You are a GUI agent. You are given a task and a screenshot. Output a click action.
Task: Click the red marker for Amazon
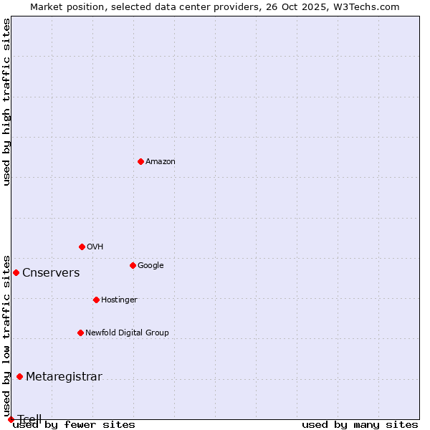click(140, 161)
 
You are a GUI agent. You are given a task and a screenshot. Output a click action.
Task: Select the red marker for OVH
click(82, 247)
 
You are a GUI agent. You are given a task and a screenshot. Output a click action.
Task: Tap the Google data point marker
click(133, 265)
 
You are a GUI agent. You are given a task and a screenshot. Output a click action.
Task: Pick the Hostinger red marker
click(96, 300)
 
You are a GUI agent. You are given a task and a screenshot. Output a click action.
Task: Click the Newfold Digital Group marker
click(80, 333)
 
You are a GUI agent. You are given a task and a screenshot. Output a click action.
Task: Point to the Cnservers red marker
click(16, 272)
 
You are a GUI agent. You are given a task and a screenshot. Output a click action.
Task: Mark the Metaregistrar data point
click(19, 376)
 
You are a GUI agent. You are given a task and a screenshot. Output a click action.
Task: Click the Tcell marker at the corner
click(11, 419)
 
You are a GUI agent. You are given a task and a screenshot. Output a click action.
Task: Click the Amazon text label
click(161, 162)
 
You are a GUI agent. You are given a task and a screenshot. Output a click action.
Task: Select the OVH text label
click(95, 247)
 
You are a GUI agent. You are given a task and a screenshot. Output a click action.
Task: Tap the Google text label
click(150, 266)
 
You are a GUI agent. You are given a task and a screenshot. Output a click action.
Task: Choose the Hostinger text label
click(119, 300)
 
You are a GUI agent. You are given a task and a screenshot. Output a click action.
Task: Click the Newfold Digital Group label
click(127, 333)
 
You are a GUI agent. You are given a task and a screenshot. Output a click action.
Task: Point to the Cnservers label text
click(51, 273)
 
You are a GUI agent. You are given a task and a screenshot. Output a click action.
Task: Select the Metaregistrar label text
click(64, 377)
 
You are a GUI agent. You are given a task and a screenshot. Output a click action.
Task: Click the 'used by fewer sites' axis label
click(74, 424)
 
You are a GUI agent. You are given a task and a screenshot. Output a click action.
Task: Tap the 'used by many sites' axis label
click(360, 424)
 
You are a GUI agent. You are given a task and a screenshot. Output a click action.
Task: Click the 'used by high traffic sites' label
click(6, 102)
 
